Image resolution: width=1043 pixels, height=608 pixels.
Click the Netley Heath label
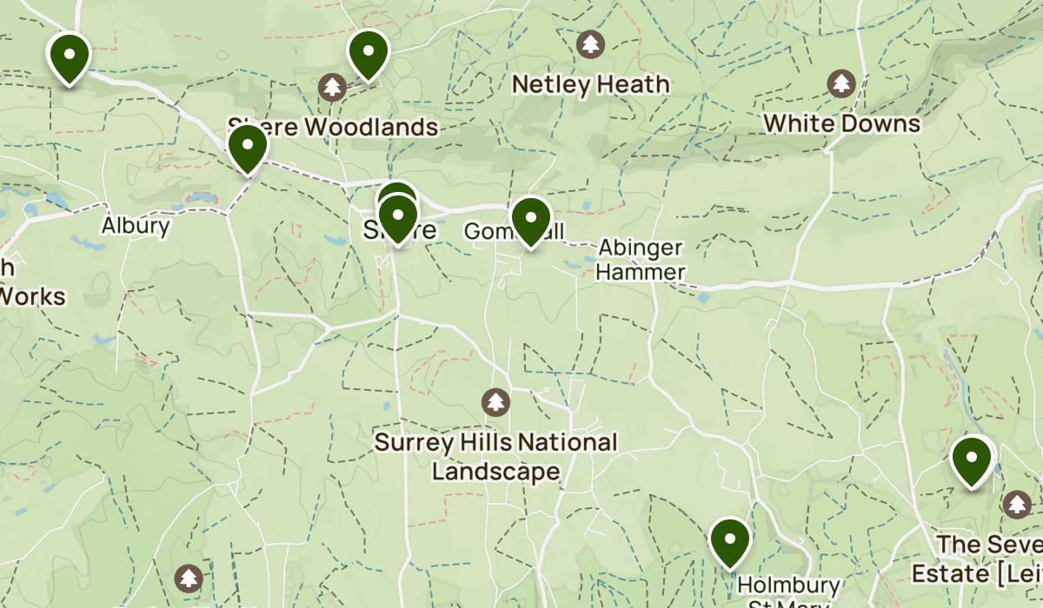tap(591, 84)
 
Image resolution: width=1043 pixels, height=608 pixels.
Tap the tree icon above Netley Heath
tap(591, 43)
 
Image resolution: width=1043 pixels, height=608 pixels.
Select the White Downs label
tap(842, 123)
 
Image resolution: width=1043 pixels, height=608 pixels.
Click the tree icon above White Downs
tap(841, 83)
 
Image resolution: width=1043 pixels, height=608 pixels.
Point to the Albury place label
tap(136, 226)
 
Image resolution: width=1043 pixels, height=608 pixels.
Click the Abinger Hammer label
tap(641, 260)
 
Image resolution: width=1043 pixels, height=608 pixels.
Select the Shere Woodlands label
tap(333, 127)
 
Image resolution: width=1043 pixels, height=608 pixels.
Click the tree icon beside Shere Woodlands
tap(331, 86)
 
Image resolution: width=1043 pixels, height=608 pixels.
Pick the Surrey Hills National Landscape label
tap(495, 457)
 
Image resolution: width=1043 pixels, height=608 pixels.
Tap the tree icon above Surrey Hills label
tap(495, 402)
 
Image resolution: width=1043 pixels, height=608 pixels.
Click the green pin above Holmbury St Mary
tap(730, 540)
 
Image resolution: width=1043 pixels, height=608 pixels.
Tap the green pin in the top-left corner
tap(69, 56)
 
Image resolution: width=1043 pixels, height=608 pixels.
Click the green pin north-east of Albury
tap(248, 147)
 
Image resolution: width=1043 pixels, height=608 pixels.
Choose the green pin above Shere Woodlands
tap(368, 52)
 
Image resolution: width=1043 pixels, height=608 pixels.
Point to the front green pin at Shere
tap(397, 217)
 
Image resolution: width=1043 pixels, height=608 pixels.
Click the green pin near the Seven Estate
tap(972, 459)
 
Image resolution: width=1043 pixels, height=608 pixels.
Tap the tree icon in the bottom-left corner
tap(189, 578)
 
